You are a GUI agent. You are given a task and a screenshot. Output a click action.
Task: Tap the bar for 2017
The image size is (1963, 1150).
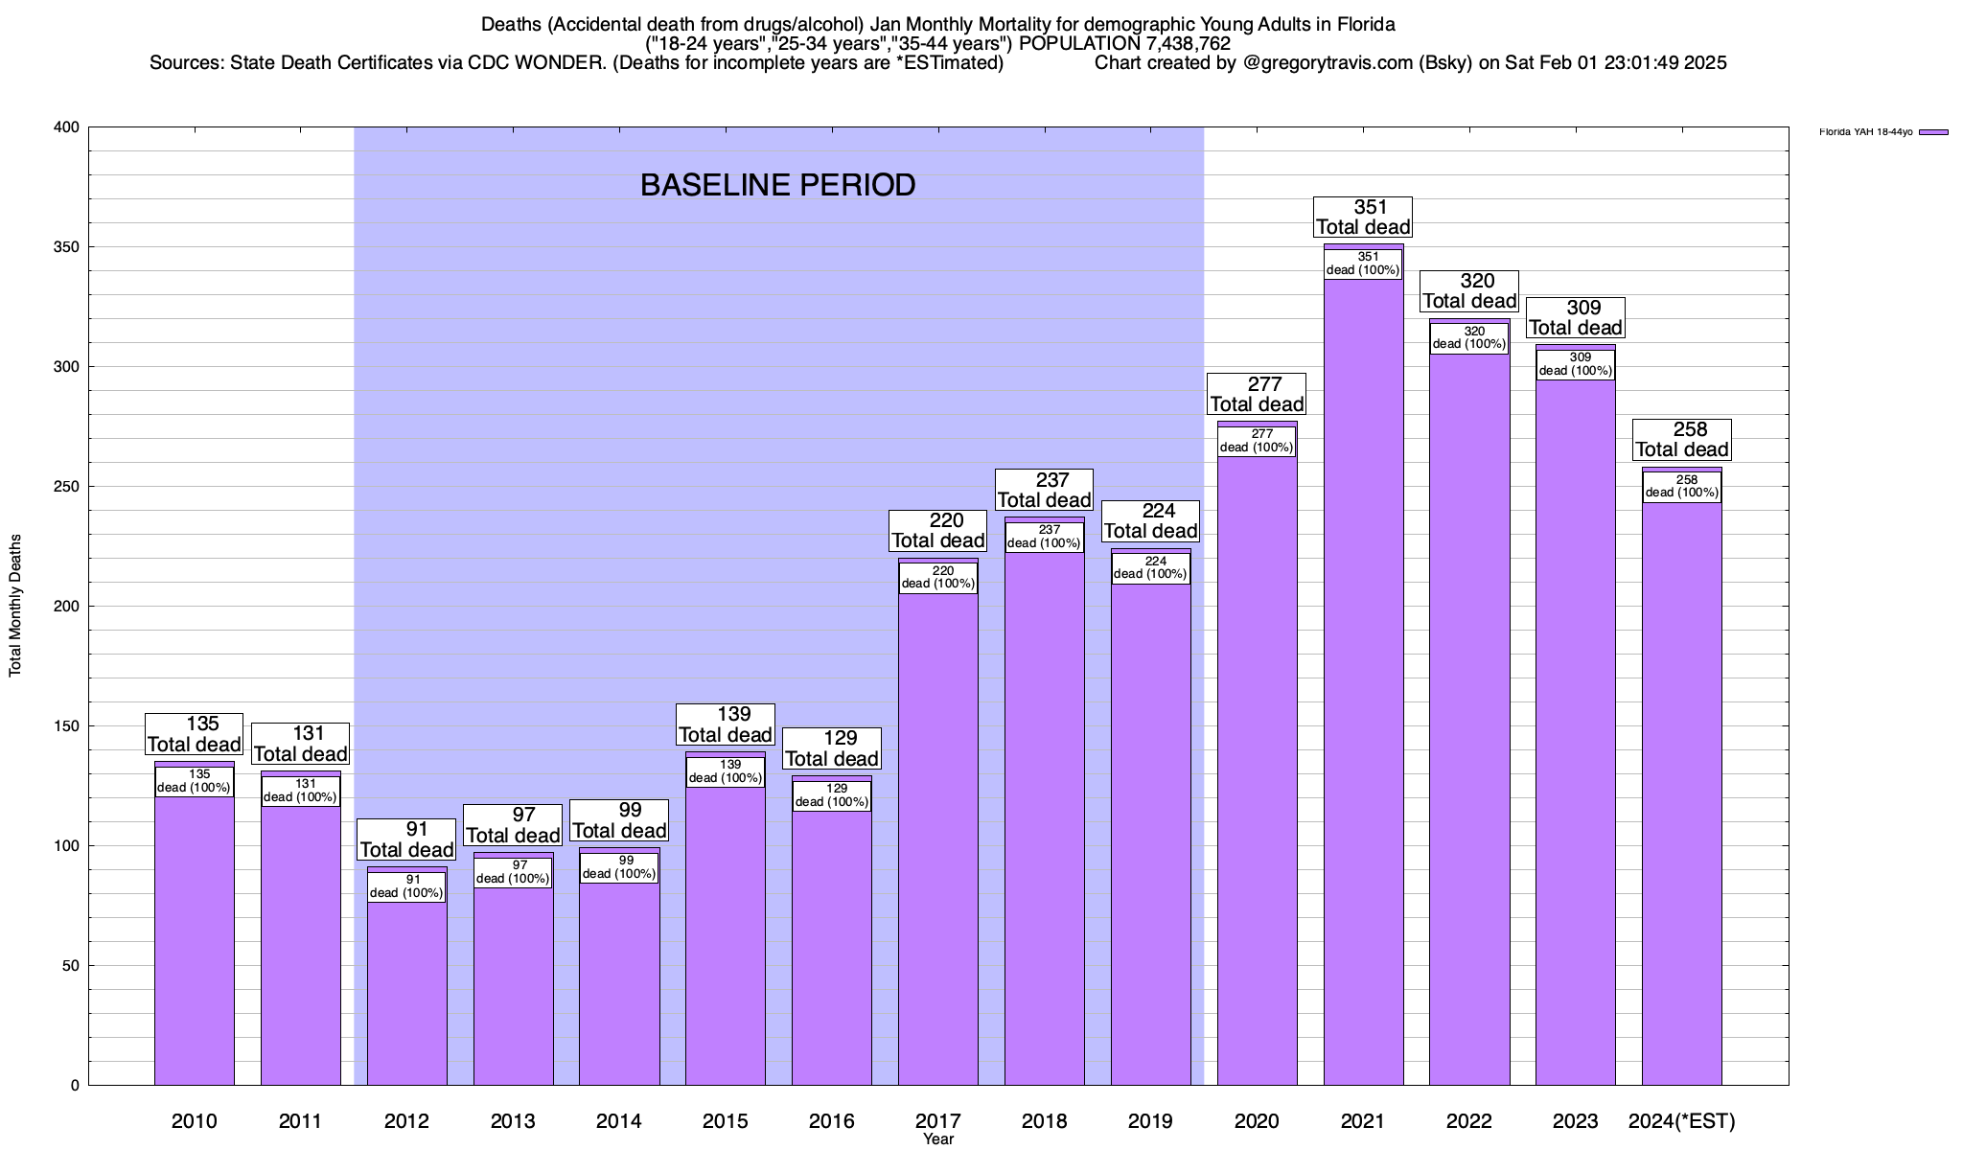(938, 843)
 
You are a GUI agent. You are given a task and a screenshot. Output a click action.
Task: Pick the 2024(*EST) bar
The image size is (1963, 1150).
(1681, 795)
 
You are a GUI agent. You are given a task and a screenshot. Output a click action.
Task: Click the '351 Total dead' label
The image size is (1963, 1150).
(1363, 217)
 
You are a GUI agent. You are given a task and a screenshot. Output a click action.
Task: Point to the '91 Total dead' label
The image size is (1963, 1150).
(406, 839)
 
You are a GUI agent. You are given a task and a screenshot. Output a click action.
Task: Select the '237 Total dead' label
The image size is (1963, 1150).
(1045, 490)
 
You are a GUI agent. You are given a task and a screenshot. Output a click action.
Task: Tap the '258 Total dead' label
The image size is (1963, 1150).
(1682, 440)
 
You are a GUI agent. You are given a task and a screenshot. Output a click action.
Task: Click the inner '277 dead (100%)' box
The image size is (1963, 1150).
(1257, 441)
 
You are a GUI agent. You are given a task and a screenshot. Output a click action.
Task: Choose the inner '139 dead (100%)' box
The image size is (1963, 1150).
(726, 771)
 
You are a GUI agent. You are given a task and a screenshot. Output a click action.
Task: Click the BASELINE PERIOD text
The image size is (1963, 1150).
(777, 185)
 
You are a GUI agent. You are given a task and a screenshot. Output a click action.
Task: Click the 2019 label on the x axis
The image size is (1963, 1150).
(1150, 1120)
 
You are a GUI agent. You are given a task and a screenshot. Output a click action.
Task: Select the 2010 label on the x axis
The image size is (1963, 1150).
(194, 1120)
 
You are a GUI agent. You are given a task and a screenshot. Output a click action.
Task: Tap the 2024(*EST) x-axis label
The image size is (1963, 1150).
(1682, 1120)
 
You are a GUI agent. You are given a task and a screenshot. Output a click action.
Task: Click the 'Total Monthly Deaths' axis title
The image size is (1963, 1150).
(15, 606)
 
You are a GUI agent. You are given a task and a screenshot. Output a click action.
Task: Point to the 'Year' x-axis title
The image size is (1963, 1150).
(938, 1139)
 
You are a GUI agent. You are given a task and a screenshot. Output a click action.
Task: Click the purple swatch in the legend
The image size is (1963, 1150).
(1933, 132)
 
